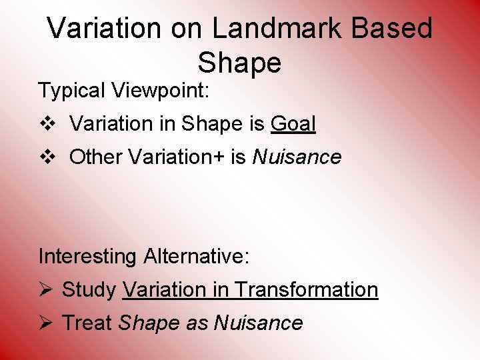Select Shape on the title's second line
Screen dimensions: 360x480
pyautogui.click(x=239, y=63)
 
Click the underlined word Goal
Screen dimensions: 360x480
pyautogui.click(x=293, y=124)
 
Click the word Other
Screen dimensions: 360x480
pyautogui.click(x=96, y=157)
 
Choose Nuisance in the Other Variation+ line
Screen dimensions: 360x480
pyautogui.click(x=297, y=157)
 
